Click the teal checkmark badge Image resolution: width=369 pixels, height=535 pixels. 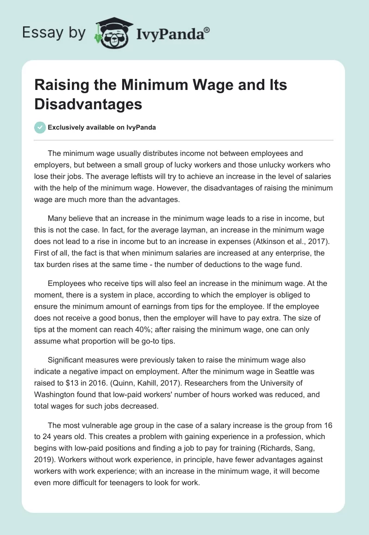click(x=40, y=127)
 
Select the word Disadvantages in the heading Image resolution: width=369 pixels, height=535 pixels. click(x=88, y=104)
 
